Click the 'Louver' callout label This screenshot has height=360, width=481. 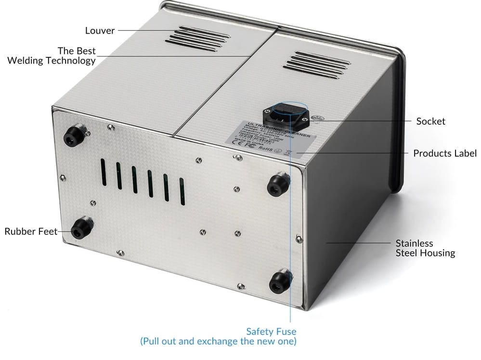(100, 31)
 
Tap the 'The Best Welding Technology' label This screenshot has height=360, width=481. (52, 56)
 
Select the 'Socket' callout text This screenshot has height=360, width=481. (430, 121)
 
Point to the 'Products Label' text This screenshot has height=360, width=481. (445, 154)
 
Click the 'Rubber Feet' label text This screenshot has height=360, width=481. (31, 231)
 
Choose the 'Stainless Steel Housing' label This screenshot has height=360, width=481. (425, 248)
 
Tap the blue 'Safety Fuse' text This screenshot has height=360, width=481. (271, 332)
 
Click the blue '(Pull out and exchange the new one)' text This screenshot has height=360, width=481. (218, 342)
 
